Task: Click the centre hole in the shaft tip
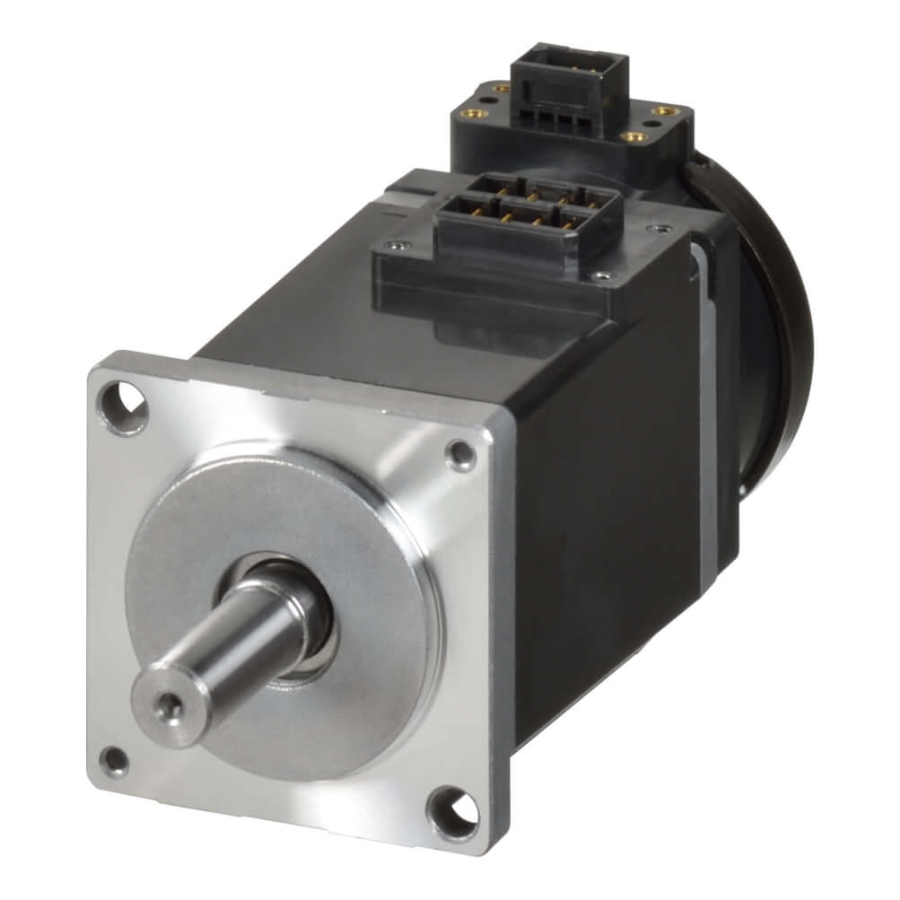click(x=165, y=708)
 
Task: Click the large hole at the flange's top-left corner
click(x=125, y=406)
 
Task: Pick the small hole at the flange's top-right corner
click(x=462, y=455)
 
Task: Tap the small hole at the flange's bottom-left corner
click(x=115, y=760)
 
